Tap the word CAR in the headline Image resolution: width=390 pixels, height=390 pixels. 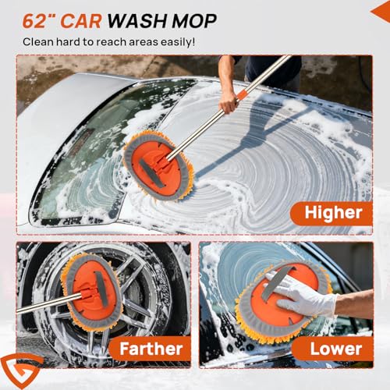coord(80,21)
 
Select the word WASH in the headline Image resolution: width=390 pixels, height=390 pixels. coord(137,21)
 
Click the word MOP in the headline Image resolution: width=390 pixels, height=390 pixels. coord(194,21)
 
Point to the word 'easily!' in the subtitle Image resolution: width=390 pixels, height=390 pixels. coord(178,42)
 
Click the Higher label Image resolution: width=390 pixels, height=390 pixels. coord(333,213)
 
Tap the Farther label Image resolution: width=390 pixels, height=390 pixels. coord(151,349)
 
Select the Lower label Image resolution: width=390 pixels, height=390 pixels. coord(336,349)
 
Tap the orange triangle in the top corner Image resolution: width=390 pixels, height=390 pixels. coord(381,12)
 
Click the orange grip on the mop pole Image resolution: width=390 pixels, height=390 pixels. coord(242,95)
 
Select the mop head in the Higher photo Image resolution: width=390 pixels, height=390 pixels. coord(158,166)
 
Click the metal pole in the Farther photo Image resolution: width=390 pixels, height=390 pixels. coord(49,303)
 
